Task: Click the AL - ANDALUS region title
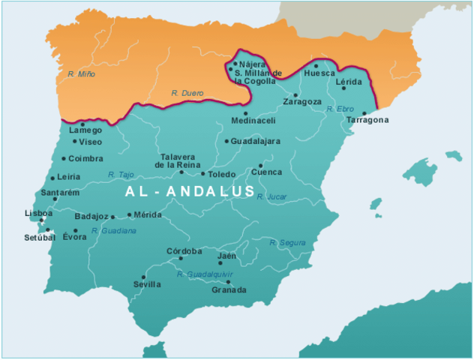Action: point(190,192)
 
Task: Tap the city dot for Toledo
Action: point(202,174)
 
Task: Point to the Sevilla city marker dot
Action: point(143,277)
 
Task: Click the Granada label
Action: point(229,290)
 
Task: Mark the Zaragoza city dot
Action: point(295,94)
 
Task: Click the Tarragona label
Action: point(367,120)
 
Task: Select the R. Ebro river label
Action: point(340,109)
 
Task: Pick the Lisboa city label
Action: point(38,213)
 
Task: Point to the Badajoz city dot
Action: point(112,217)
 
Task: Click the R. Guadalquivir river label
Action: point(205,274)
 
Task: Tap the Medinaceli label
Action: point(253,120)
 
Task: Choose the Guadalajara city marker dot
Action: point(226,141)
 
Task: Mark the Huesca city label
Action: point(319,73)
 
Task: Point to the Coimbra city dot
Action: point(63,159)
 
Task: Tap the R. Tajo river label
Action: point(121,175)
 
